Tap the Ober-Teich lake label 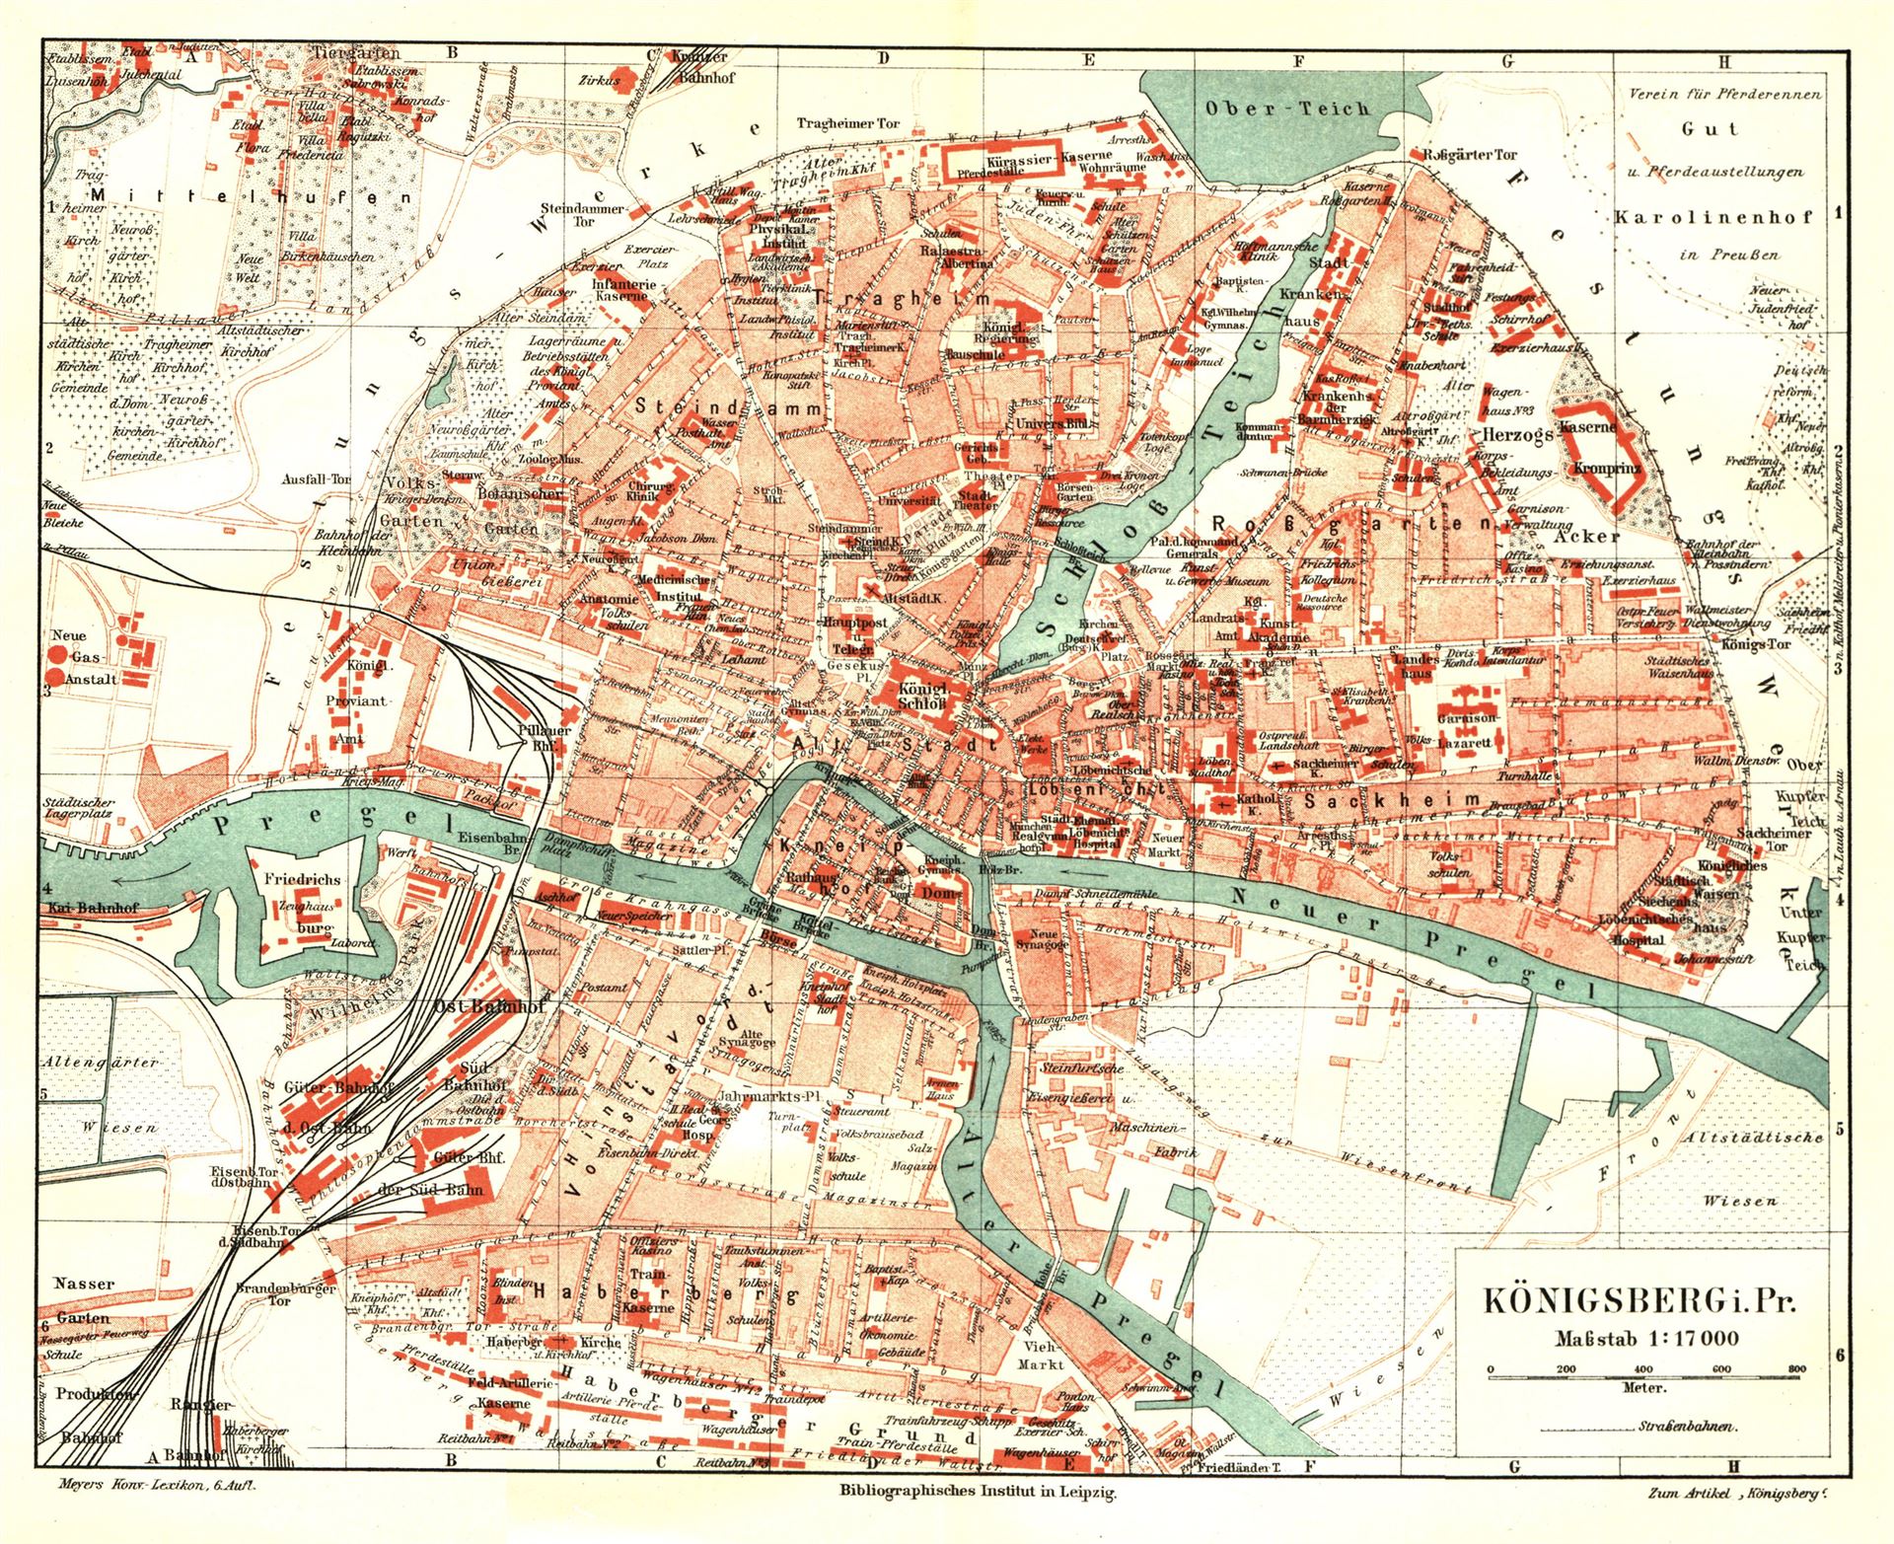coord(1287,109)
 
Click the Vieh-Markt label coord(1043,1355)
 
